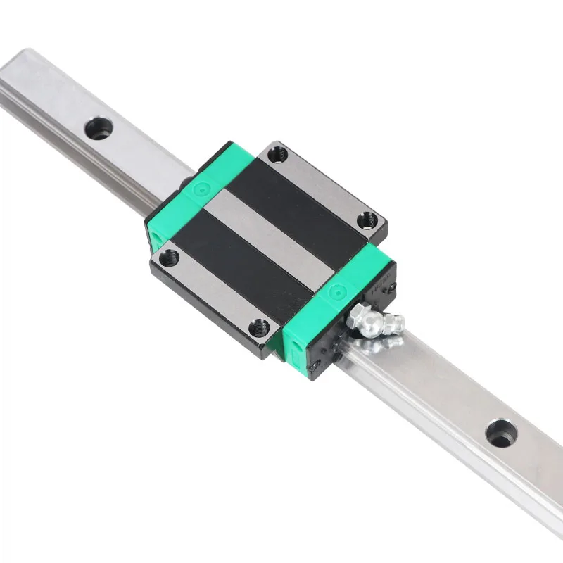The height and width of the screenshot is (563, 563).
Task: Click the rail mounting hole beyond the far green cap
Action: click(x=98, y=129)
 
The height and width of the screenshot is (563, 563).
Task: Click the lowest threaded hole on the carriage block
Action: click(x=260, y=327)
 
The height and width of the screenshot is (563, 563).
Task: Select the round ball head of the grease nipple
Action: click(x=369, y=325)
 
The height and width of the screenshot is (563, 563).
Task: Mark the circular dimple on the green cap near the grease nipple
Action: click(x=336, y=290)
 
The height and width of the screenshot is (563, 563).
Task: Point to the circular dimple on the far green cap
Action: click(x=203, y=189)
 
